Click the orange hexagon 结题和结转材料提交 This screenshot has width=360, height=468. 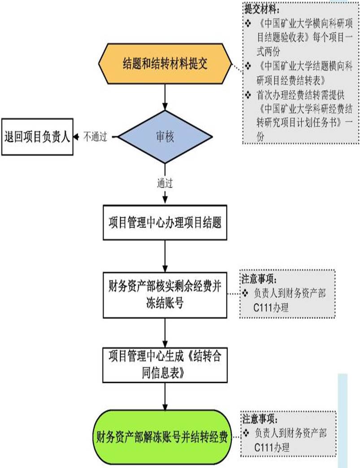coord(165,64)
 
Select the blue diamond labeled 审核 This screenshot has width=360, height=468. coord(165,137)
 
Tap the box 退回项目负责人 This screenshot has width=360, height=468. coord(37,137)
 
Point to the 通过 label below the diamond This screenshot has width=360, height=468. coord(165,183)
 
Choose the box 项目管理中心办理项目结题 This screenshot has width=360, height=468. coord(165,223)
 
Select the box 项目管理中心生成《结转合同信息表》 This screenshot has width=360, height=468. coord(165,365)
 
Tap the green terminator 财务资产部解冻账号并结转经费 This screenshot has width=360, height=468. coord(165,437)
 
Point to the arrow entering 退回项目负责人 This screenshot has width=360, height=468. coord(77,137)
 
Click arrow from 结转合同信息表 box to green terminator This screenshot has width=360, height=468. coord(165,397)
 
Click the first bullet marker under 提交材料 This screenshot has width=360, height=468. coord(248,22)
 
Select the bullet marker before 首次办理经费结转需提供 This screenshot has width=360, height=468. coord(248,94)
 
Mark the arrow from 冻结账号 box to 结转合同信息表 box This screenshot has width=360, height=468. coord(165,331)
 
